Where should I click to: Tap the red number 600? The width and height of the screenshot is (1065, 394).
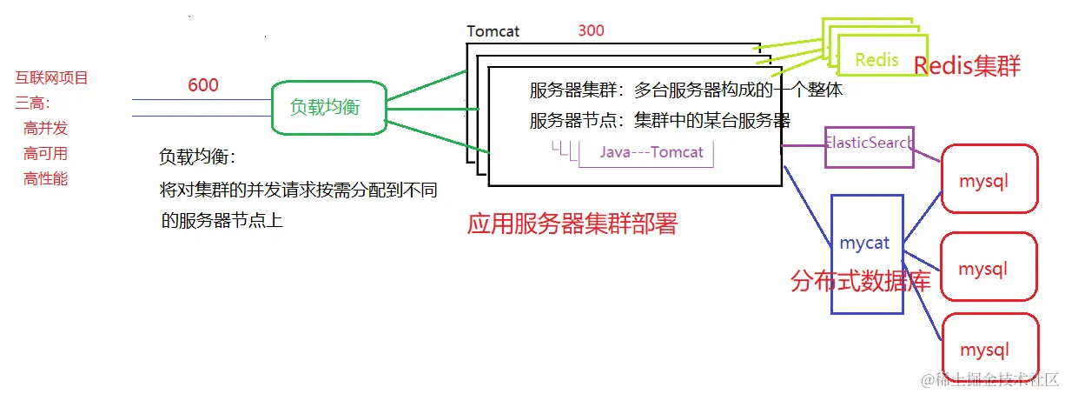click(203, 85)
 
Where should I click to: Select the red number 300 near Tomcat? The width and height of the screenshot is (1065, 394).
click(591, 30)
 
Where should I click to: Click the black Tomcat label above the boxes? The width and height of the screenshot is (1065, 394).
click(493, 31)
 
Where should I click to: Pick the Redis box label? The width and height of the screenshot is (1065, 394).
click(876, 59)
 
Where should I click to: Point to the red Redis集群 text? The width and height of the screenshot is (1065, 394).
click(967, 65)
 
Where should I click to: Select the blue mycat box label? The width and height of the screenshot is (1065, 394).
click(865, 244)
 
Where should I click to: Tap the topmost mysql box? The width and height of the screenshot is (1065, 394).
click(989, 180)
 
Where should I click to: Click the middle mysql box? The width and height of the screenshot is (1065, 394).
click(989, 269)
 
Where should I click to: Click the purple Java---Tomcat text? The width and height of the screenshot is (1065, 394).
click(652, 152)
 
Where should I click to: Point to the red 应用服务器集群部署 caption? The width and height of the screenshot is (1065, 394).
click(572, 224)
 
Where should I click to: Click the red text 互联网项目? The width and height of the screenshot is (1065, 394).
click(52, 78)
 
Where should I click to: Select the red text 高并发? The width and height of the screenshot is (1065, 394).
click(46, 129)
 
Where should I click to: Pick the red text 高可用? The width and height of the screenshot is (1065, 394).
click(46, 154)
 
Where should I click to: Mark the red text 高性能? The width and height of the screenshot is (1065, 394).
click(46, 179)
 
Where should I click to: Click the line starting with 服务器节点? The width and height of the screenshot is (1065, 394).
click(659, 120)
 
